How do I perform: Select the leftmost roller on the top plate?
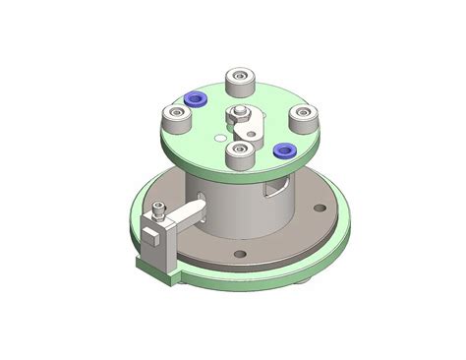[177, 121]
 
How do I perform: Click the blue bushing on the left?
[195, 98]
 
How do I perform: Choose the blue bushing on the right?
[284, 150]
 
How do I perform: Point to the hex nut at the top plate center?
[239, 113]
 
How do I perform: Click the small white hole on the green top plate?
[217, 139]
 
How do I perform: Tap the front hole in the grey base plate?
[239, 255]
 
